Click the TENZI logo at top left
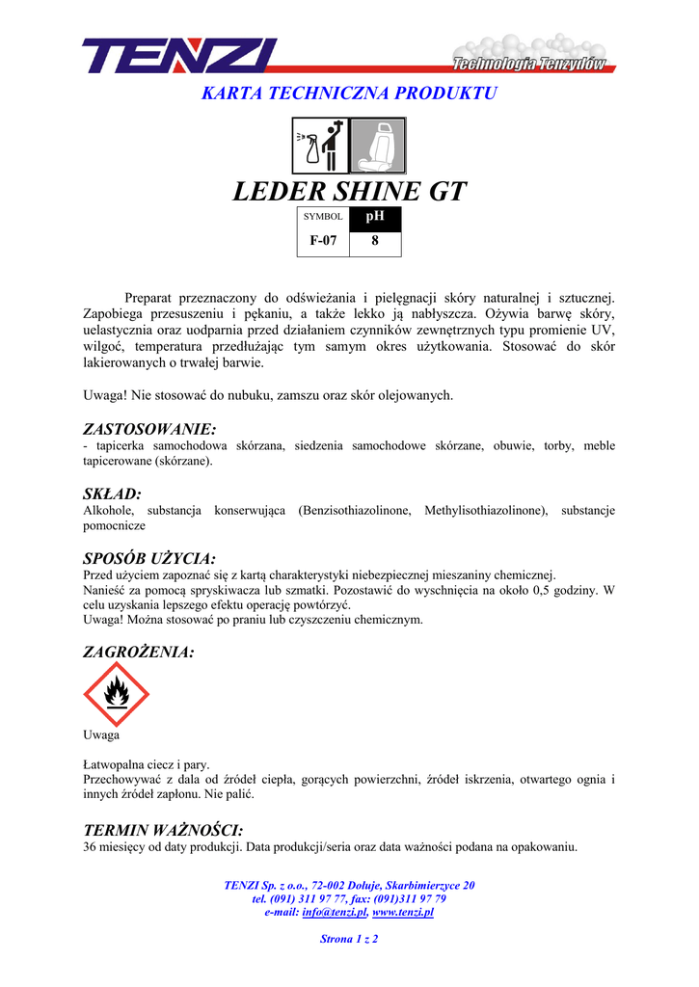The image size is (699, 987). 179,55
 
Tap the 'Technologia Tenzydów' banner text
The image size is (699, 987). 529,65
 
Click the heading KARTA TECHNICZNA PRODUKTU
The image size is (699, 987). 349,93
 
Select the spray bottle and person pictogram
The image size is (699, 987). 320,146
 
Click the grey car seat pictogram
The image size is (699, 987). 377,146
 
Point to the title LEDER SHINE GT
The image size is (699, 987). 349,192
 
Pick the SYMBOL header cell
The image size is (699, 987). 323,217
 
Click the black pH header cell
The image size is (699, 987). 375,217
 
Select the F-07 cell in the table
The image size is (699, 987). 323,242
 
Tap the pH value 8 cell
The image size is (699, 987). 375,242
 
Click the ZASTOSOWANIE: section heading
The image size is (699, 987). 149,428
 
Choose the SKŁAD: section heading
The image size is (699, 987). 113,493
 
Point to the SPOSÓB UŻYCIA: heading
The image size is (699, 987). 149,558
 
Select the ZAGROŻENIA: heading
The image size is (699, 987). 139,653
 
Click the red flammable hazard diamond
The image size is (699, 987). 117,694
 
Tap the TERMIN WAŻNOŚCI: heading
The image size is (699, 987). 163,830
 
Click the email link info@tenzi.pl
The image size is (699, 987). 335,912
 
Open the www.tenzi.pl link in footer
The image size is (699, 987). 403,912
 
